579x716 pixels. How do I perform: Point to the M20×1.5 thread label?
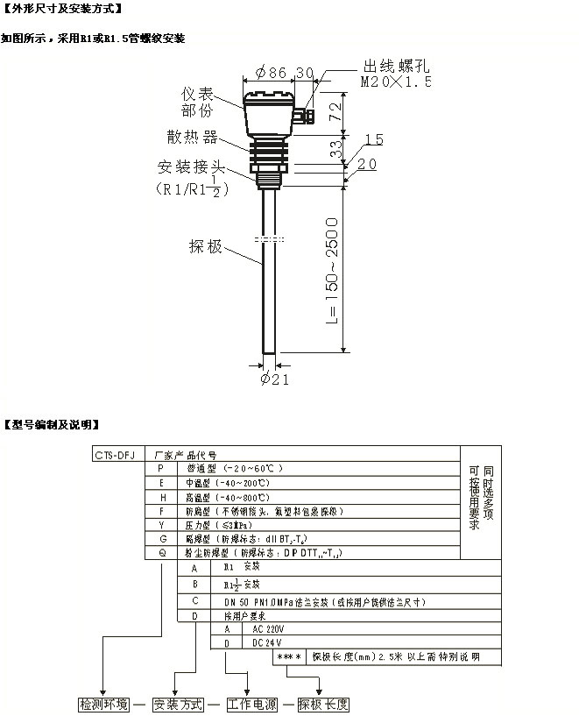[x=397, y=82]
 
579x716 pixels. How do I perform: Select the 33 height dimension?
[x=335, y=150]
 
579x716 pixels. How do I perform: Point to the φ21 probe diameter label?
[x=274, y=379]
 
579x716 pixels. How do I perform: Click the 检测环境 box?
[x=104, y=704]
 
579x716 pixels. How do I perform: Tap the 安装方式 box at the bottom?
[x=178, y=704]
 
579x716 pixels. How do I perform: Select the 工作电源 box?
[x=251, y=704]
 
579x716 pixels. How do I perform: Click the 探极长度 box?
[x=323, y=704]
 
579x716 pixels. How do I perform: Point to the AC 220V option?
[x=244, y=629]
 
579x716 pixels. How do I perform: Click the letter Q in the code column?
[x=161, y=552]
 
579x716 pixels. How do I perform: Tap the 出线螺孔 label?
[x=397, y=67]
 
